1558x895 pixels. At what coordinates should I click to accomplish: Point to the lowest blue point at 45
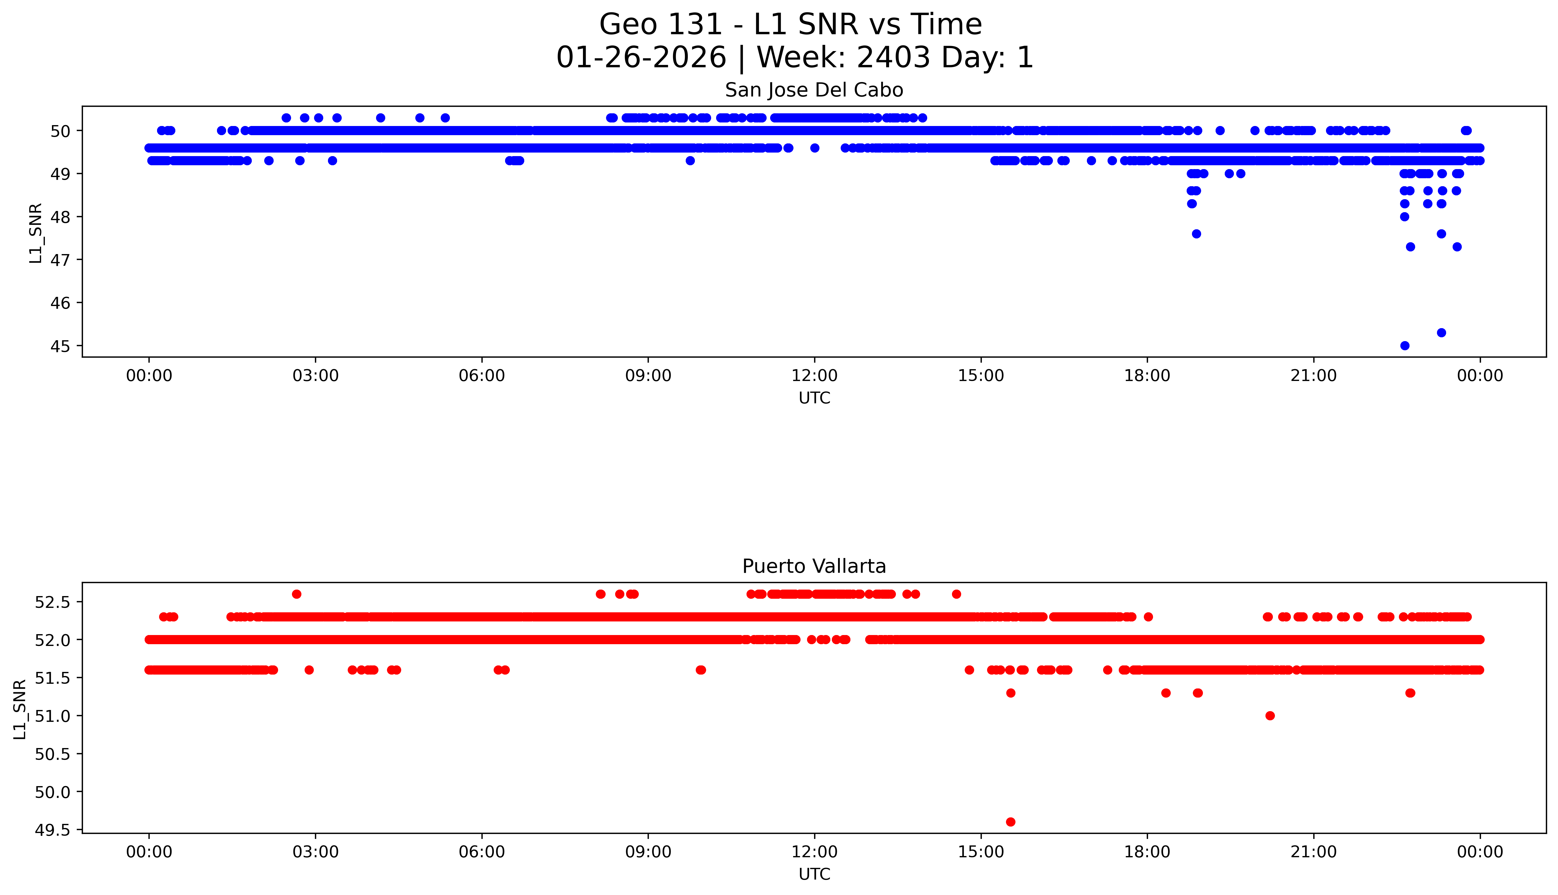click(x=1404, y=346)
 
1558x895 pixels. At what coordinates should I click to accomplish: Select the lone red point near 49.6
click(x=1010, y=822)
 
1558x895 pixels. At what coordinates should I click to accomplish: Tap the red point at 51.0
click(x=1270, y=716)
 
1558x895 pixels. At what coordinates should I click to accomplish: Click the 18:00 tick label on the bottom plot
click(x=1147, y=852)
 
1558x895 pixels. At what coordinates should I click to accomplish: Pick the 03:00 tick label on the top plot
click(x=316, y=376)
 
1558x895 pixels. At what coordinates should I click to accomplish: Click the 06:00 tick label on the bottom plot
click(x=481, y=852)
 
